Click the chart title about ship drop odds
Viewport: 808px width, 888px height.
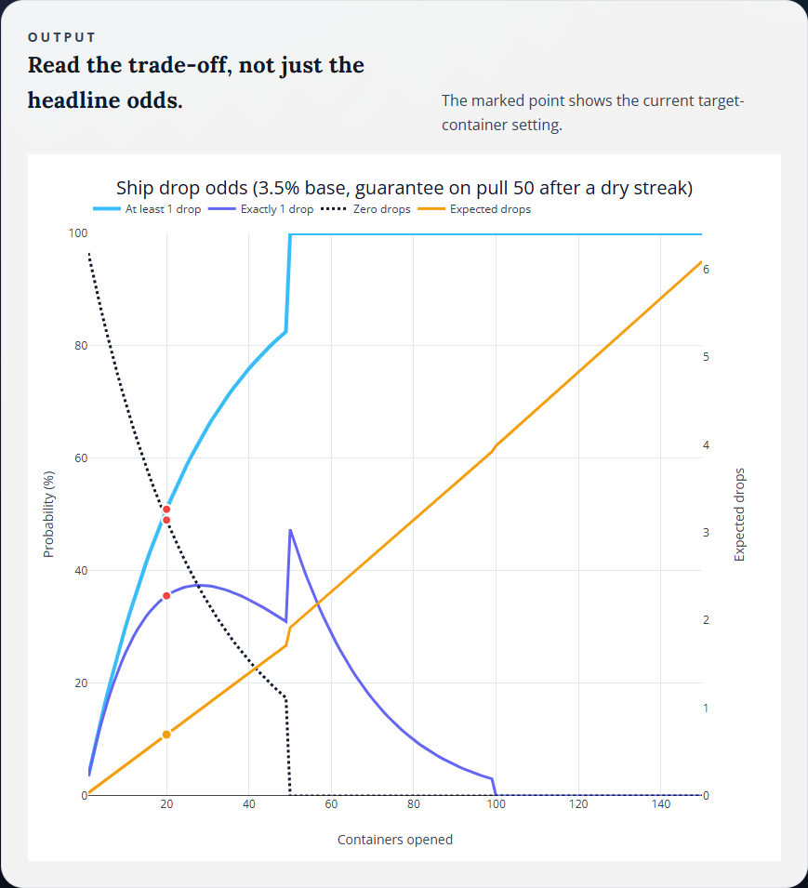[x=404, y=188]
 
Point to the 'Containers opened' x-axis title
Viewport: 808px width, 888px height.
[x=395, y=840]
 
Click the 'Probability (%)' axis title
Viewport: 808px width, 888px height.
[x=49, y=514]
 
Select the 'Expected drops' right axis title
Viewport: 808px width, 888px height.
[x=740, y=514]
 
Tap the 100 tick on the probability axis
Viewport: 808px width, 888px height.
[x=77, y=233]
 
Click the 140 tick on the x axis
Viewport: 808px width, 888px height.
[x=660, y=804]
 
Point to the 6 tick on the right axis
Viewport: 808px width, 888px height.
[x=707, y=269]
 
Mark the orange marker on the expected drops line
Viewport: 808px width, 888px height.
[x=166, y=735]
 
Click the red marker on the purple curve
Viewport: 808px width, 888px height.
[x=166, y=595]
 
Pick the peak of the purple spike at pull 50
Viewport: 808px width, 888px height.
[x=290, y=530]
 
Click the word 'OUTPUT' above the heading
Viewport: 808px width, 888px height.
[x=61, y=37]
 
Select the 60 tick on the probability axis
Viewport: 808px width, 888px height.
[x=81, y=458]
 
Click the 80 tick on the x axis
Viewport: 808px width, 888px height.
[x=413, y=804]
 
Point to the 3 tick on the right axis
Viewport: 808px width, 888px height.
[x=707, y=533]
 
